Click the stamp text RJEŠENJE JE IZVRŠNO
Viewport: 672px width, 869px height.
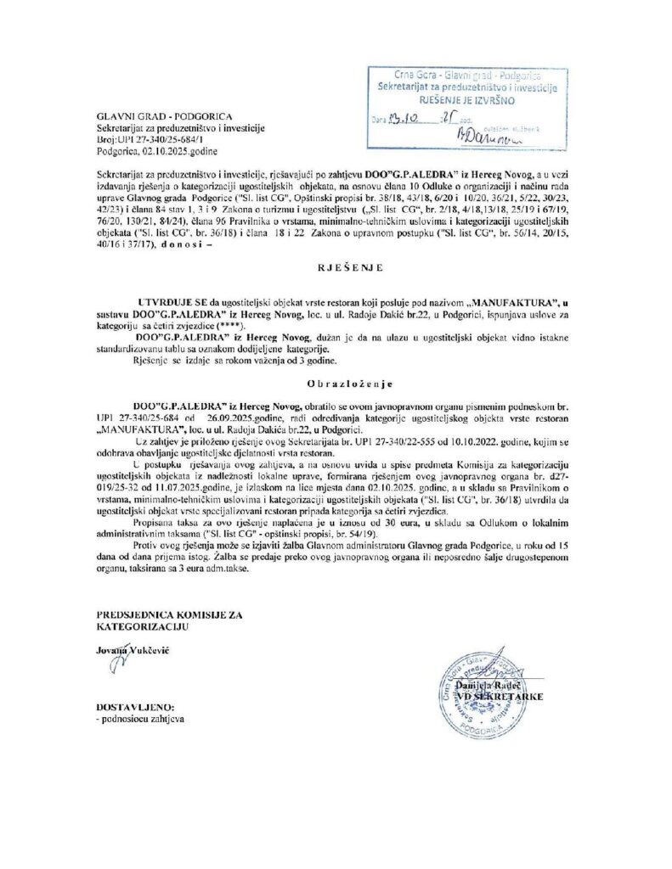coord(466,98)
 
